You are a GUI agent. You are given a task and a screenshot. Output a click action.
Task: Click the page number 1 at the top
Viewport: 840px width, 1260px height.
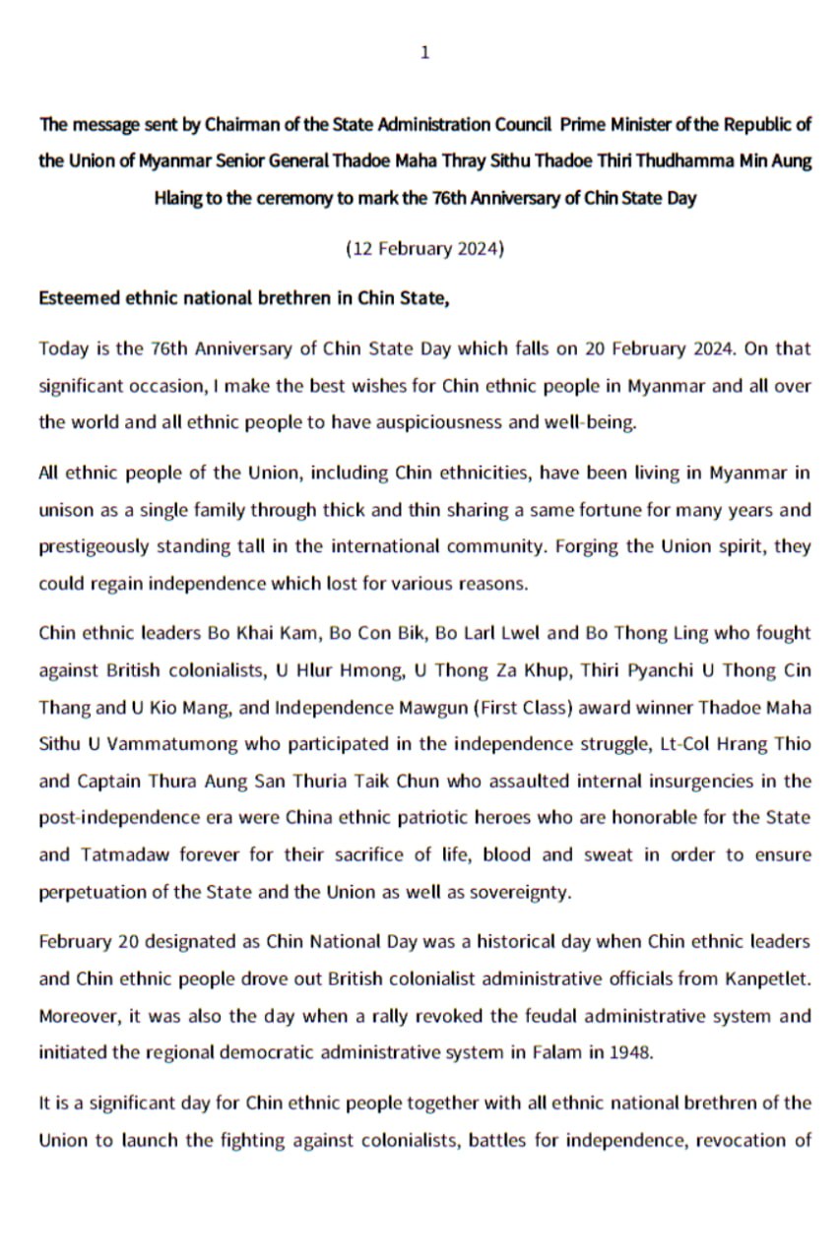(x=424, y=53)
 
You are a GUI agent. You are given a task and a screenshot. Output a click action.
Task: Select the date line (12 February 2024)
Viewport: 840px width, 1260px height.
(x=424, y=249)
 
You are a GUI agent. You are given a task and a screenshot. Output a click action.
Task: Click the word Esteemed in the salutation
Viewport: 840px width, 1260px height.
(x=75, y=299)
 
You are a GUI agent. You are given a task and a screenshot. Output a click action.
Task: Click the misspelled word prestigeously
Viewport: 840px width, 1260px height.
(x=88, y=547)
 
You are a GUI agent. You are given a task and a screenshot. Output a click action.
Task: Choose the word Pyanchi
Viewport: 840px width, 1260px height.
(x=645, y=670)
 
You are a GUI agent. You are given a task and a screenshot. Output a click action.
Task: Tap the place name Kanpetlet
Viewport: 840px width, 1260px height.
(x=759, y=977)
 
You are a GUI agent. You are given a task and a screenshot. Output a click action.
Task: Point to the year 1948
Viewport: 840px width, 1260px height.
(x=628, y=1051)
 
